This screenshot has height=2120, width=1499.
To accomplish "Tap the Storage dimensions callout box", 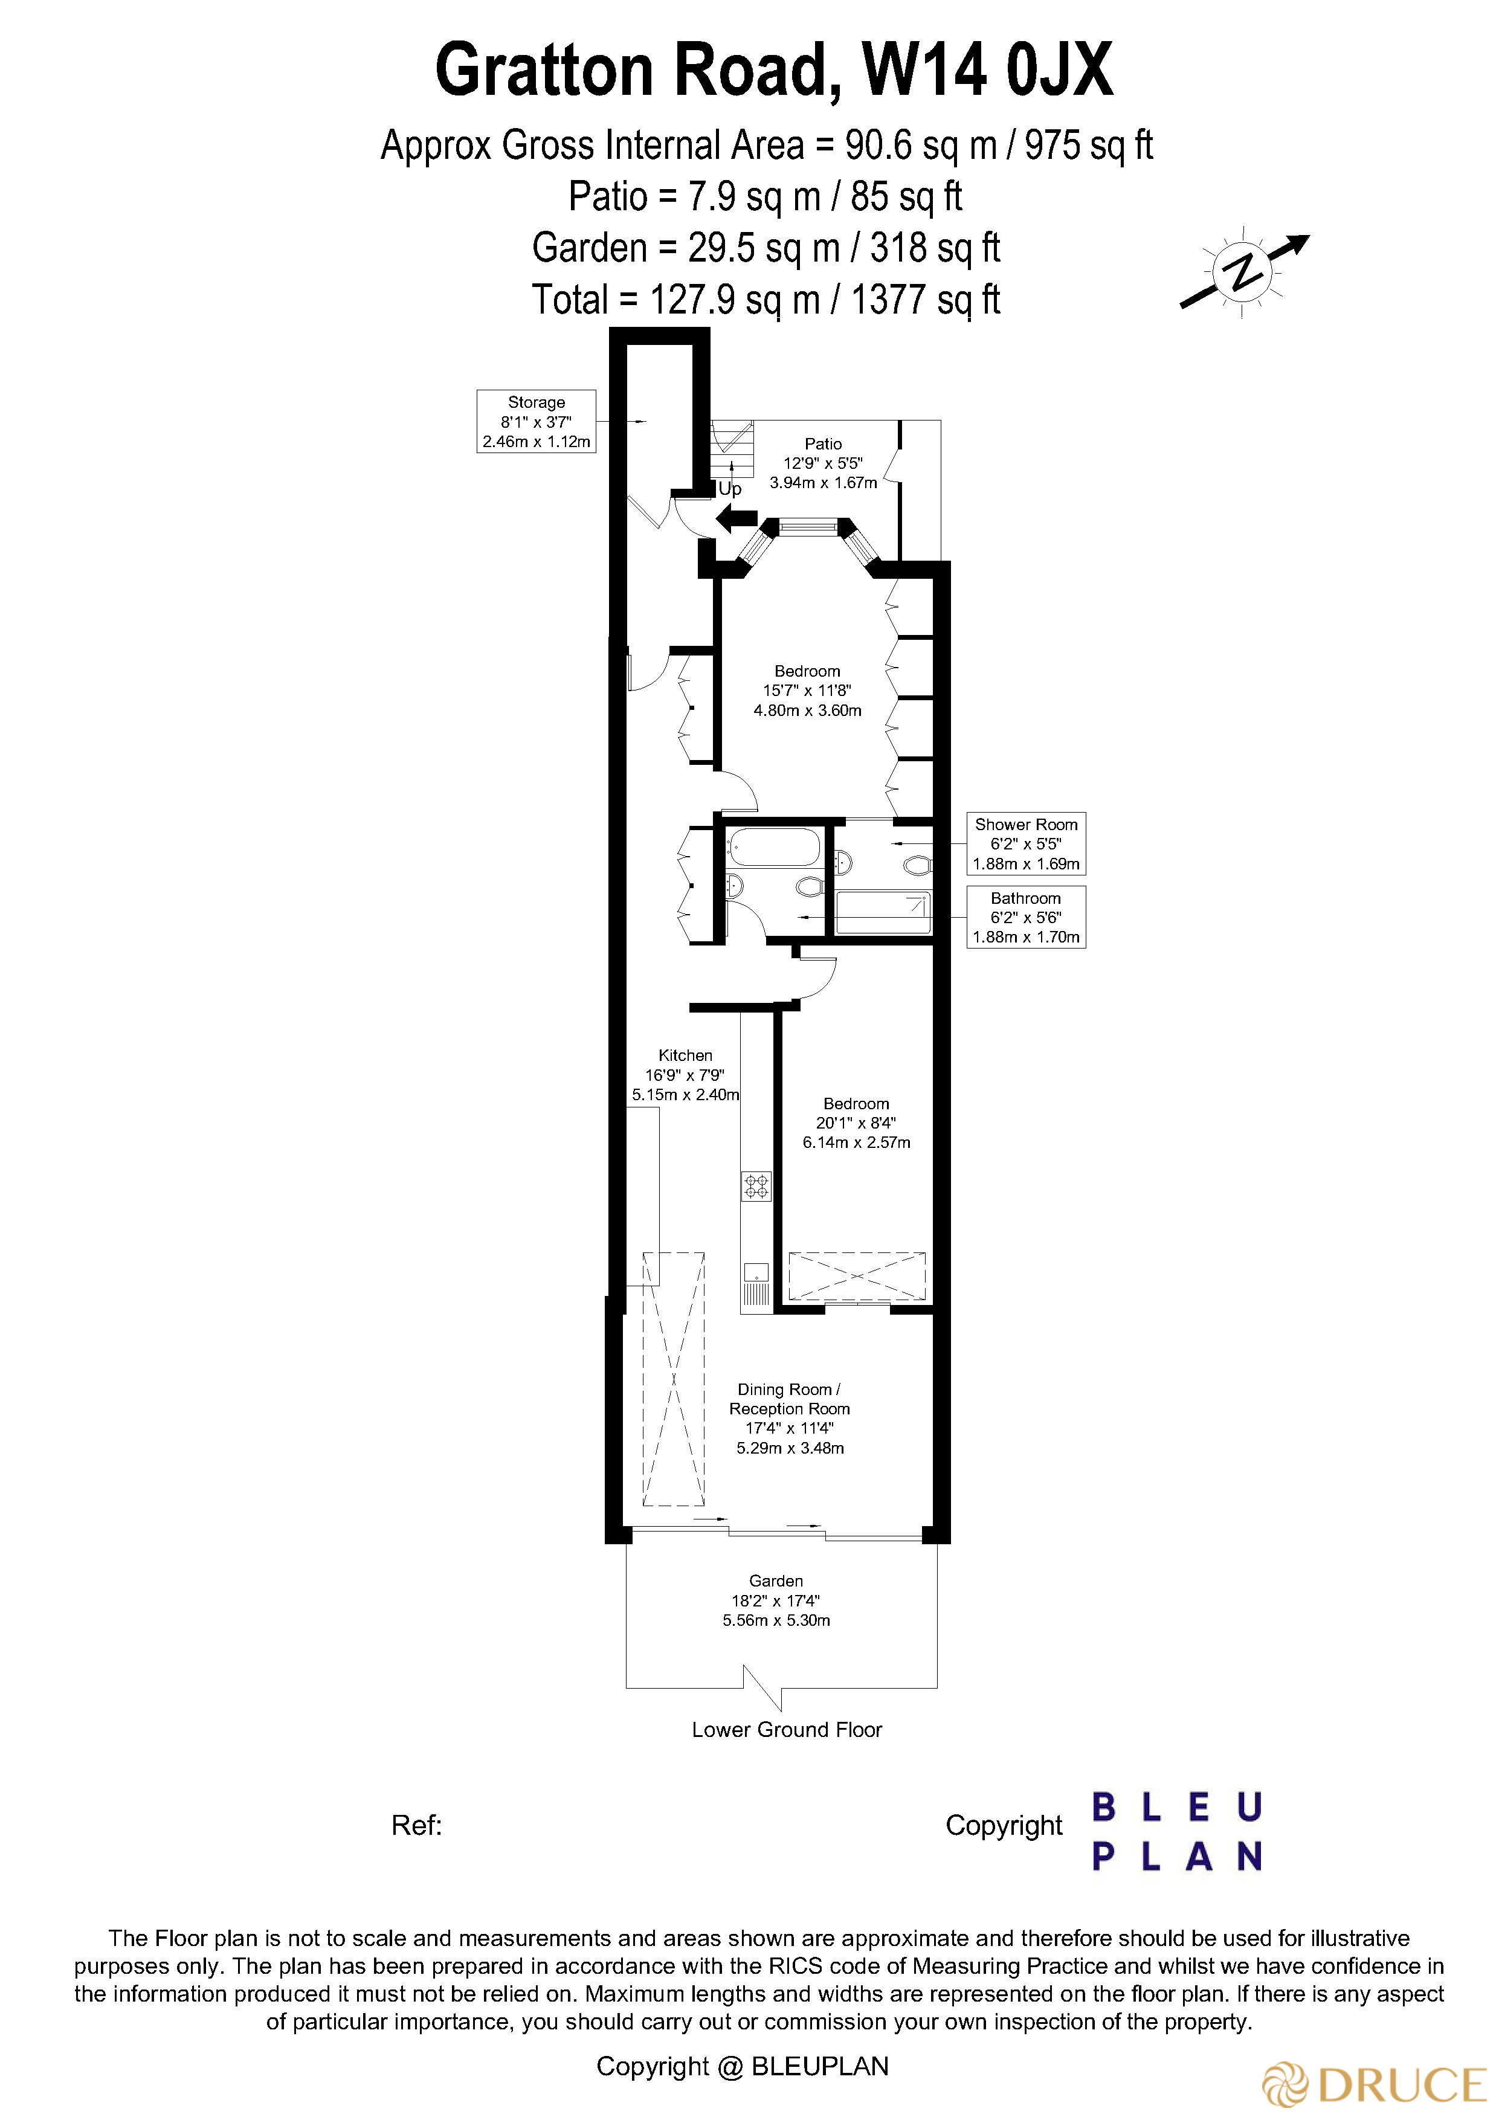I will [536, 421].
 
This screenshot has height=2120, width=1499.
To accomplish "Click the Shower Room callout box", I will [1025, 843].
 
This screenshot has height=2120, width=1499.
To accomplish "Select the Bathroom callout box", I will [1025, 917].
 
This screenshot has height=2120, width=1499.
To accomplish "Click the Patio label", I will [823, 444].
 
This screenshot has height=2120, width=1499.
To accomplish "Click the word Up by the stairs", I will [730, 489].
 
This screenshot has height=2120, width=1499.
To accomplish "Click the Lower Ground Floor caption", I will [787, 1730].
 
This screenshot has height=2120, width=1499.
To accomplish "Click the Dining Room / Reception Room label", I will [790, 1399].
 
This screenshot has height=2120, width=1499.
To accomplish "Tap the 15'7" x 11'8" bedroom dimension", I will [807, 691].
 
